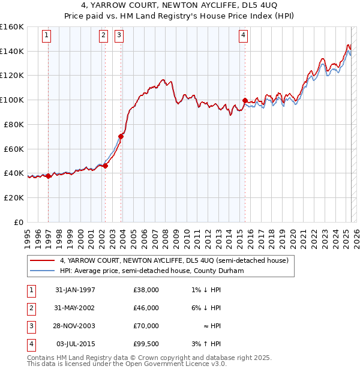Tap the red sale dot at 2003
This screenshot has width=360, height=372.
(x=121, y=136)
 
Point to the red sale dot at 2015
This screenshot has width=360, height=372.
(x=245, y=100)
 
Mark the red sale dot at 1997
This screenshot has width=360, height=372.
(x=48, y=176)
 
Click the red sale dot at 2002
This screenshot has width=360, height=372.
(x=105, y=166)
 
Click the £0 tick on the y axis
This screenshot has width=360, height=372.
(x=18, y=222)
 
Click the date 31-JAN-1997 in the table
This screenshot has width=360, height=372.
(x=75, y=290)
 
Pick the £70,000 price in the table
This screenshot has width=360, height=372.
(x=146, y=326)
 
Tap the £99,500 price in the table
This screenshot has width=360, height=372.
(x=146, y=344)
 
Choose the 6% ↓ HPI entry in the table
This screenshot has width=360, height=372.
(x=206, y=308)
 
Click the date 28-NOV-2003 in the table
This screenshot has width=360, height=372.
(x=75, y=326)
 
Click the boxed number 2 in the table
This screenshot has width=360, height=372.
(x=30, y=308)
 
